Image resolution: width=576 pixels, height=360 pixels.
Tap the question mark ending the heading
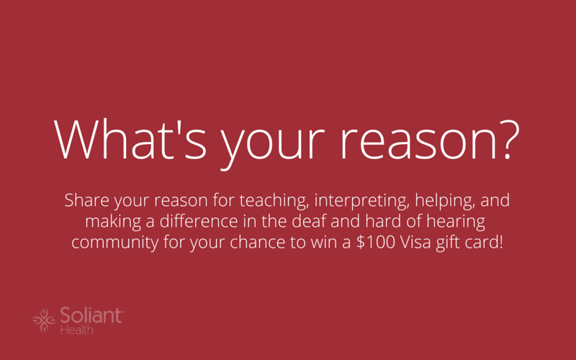point(509,139)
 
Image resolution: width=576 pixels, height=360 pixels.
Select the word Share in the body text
point(86,200)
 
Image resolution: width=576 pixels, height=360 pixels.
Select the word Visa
point(415,243)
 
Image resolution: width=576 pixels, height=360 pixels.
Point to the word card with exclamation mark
point(482,243)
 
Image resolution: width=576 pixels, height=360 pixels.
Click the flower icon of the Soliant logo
point(44,320)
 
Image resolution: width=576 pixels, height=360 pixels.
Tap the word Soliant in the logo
point(91,315)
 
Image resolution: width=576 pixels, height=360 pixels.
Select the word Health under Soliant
point(77,330)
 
